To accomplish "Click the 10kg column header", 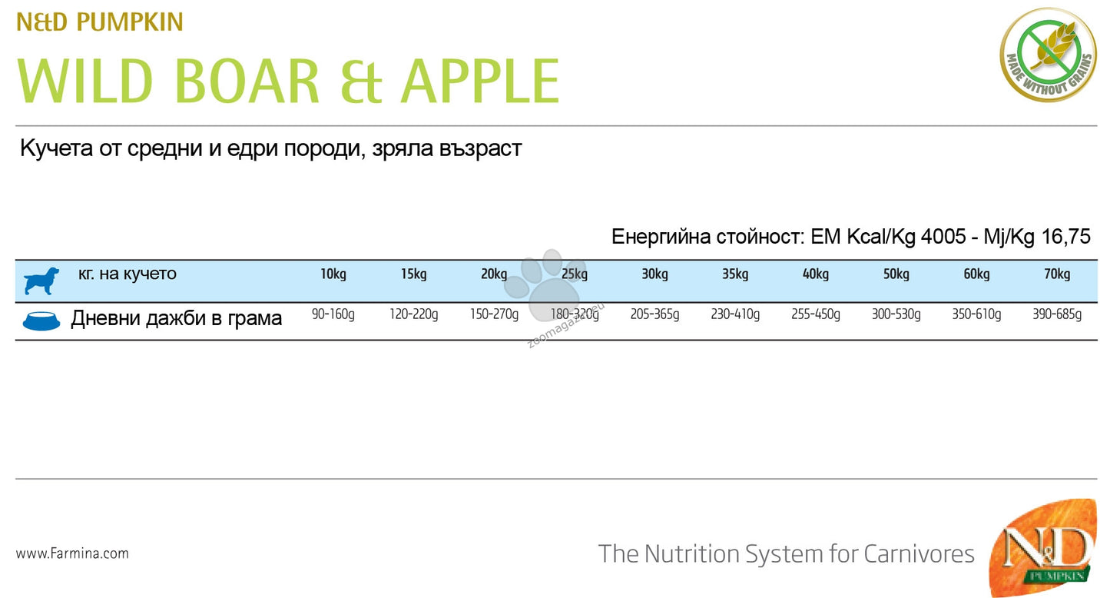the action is tap(333, 274).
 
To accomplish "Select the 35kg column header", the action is tap(735, 274).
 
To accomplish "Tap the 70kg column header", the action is tap(1056, 274).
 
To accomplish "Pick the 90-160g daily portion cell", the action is tap(333, 314).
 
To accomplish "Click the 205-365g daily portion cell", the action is tap(654, 314).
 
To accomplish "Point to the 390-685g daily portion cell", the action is tap(1056, 314).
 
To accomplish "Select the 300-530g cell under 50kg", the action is tap(896, 314).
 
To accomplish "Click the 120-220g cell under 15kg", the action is tap(413, 314).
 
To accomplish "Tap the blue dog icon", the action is tap(41, 281).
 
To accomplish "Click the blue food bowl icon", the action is tap(41, 321).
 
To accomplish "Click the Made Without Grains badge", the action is tap(1048, 55).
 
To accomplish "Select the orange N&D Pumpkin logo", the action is tap(1042, 547).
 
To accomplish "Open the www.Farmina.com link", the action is tap(72, 553).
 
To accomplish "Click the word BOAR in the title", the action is tap(247, 81).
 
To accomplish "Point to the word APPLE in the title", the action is tap(480, 81).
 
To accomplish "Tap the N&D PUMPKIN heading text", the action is tap(100, 22).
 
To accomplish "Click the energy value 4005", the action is tap(943, 237).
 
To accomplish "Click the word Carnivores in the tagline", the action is tap(919, 554).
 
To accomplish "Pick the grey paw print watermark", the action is tap(546, 284).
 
